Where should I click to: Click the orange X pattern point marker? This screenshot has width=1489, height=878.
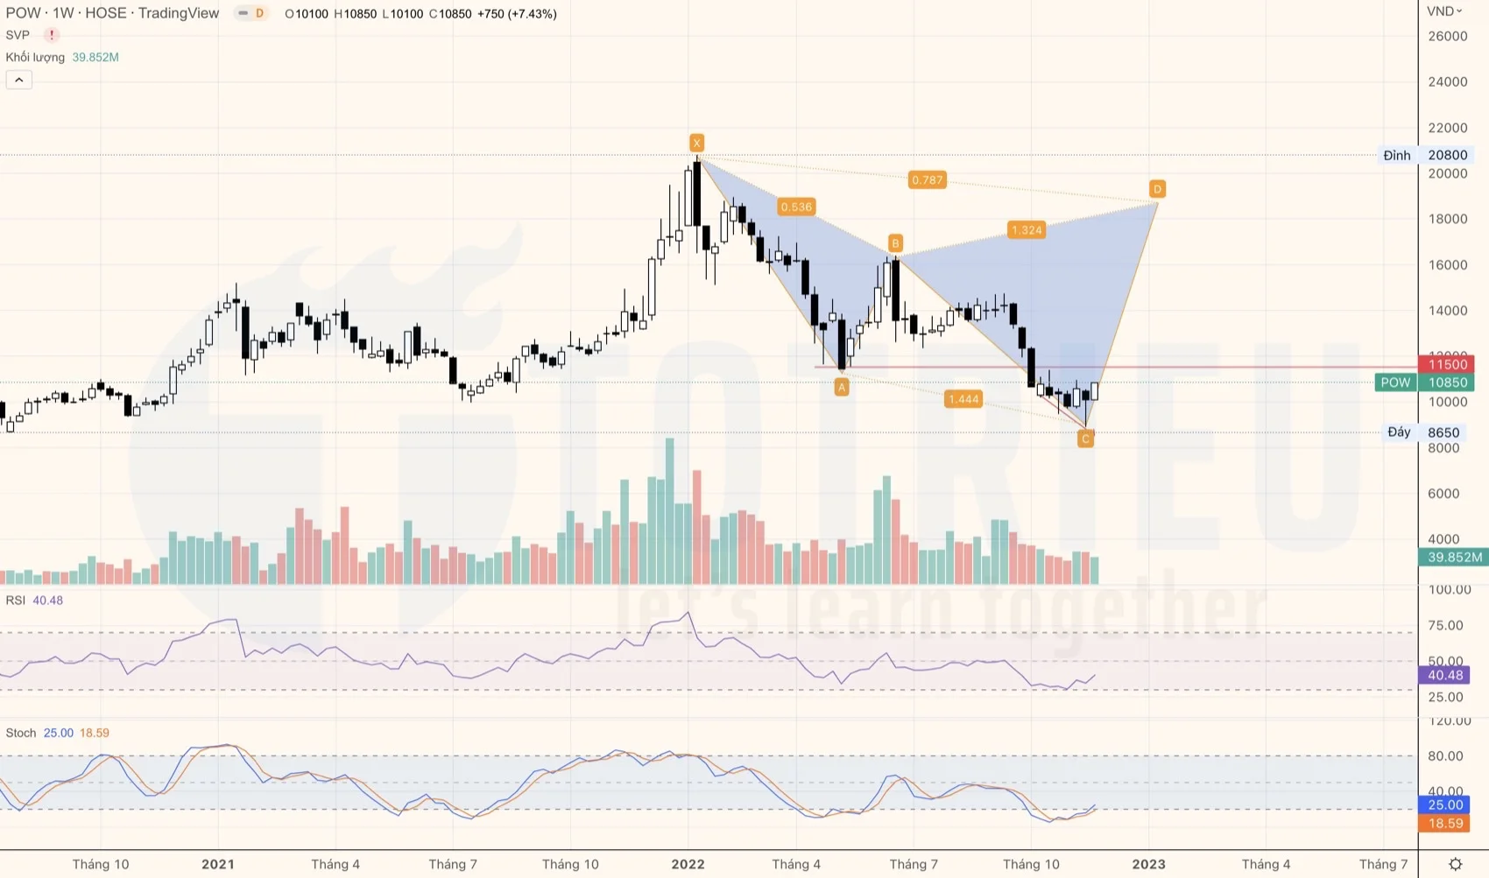pos(696,143)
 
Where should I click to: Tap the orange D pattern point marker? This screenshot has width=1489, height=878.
pos(1157,189)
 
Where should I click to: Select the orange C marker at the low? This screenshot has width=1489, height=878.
pos(1085,439)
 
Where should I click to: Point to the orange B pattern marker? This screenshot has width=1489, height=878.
pos(895,242)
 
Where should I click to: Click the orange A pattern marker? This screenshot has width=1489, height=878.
pos(842,387)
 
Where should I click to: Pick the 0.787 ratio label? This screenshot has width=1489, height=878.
pos(927,180)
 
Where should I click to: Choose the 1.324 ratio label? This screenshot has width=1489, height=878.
pos(1027,230)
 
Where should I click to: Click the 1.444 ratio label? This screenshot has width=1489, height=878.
pos(963,399)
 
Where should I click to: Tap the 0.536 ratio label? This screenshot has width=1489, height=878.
pos(796,207)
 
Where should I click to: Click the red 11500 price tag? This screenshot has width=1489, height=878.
pos(1447,364)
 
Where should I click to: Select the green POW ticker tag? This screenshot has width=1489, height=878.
pos(1395,383)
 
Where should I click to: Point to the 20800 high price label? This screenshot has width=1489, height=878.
pos(1447,155)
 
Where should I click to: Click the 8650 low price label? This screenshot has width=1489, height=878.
pos(1443,432)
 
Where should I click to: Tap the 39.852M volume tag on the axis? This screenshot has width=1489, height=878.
pos(1454,557)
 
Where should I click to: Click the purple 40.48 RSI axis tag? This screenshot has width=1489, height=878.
pos(1445,675)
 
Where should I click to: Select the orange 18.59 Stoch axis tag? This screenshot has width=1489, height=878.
pos(1445,824)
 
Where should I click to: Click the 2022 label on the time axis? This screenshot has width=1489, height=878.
pos(688,864)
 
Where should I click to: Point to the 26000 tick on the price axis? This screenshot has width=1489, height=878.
pos(1447,36)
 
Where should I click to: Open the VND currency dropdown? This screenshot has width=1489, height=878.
pos(1444,11)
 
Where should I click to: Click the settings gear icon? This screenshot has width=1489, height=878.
pos(1455,864)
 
